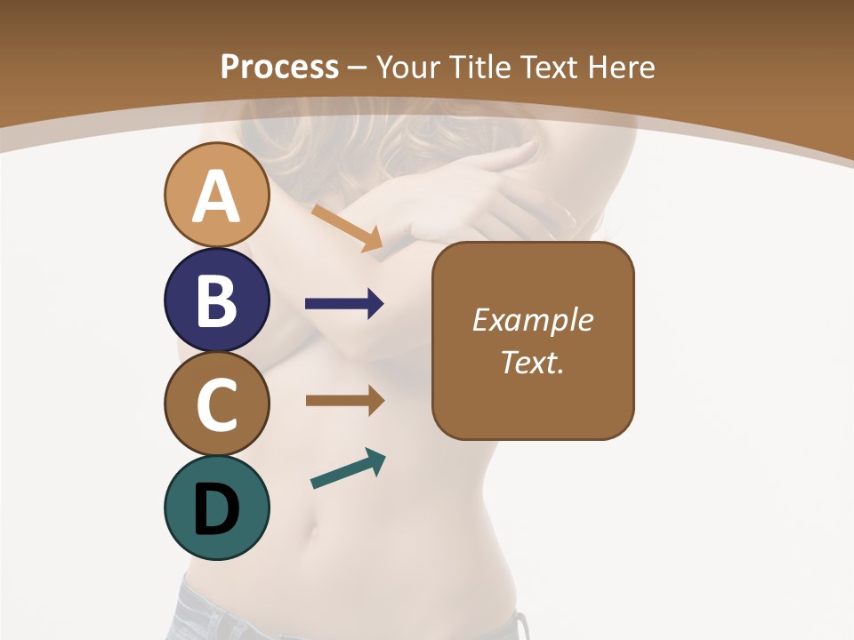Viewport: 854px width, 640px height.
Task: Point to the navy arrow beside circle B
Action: (x=344, y=304)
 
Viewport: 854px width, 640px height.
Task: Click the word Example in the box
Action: (x=533, y=320)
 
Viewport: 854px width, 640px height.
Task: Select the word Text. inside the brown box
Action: (x=533, y=363)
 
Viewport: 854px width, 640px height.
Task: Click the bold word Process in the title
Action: (x=279, y=67)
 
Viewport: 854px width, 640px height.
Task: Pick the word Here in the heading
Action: (x=621, y=67)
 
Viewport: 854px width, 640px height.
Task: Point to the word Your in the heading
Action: (x=408, y=67)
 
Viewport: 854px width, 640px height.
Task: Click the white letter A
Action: (x=216, y=196)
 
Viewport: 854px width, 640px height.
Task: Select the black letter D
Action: (x=216, y=509)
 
